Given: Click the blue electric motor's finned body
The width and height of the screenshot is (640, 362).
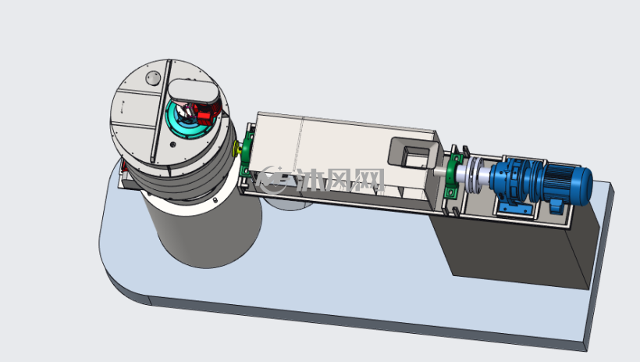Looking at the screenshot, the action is [567, 184].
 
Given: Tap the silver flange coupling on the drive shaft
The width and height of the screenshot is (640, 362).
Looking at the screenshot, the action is [475, 174].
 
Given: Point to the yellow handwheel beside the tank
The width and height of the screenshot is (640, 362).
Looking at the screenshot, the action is [236, 149].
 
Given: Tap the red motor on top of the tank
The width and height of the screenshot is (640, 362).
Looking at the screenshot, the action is [206, 113].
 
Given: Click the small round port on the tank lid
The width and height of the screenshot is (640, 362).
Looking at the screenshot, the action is [154, 77].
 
